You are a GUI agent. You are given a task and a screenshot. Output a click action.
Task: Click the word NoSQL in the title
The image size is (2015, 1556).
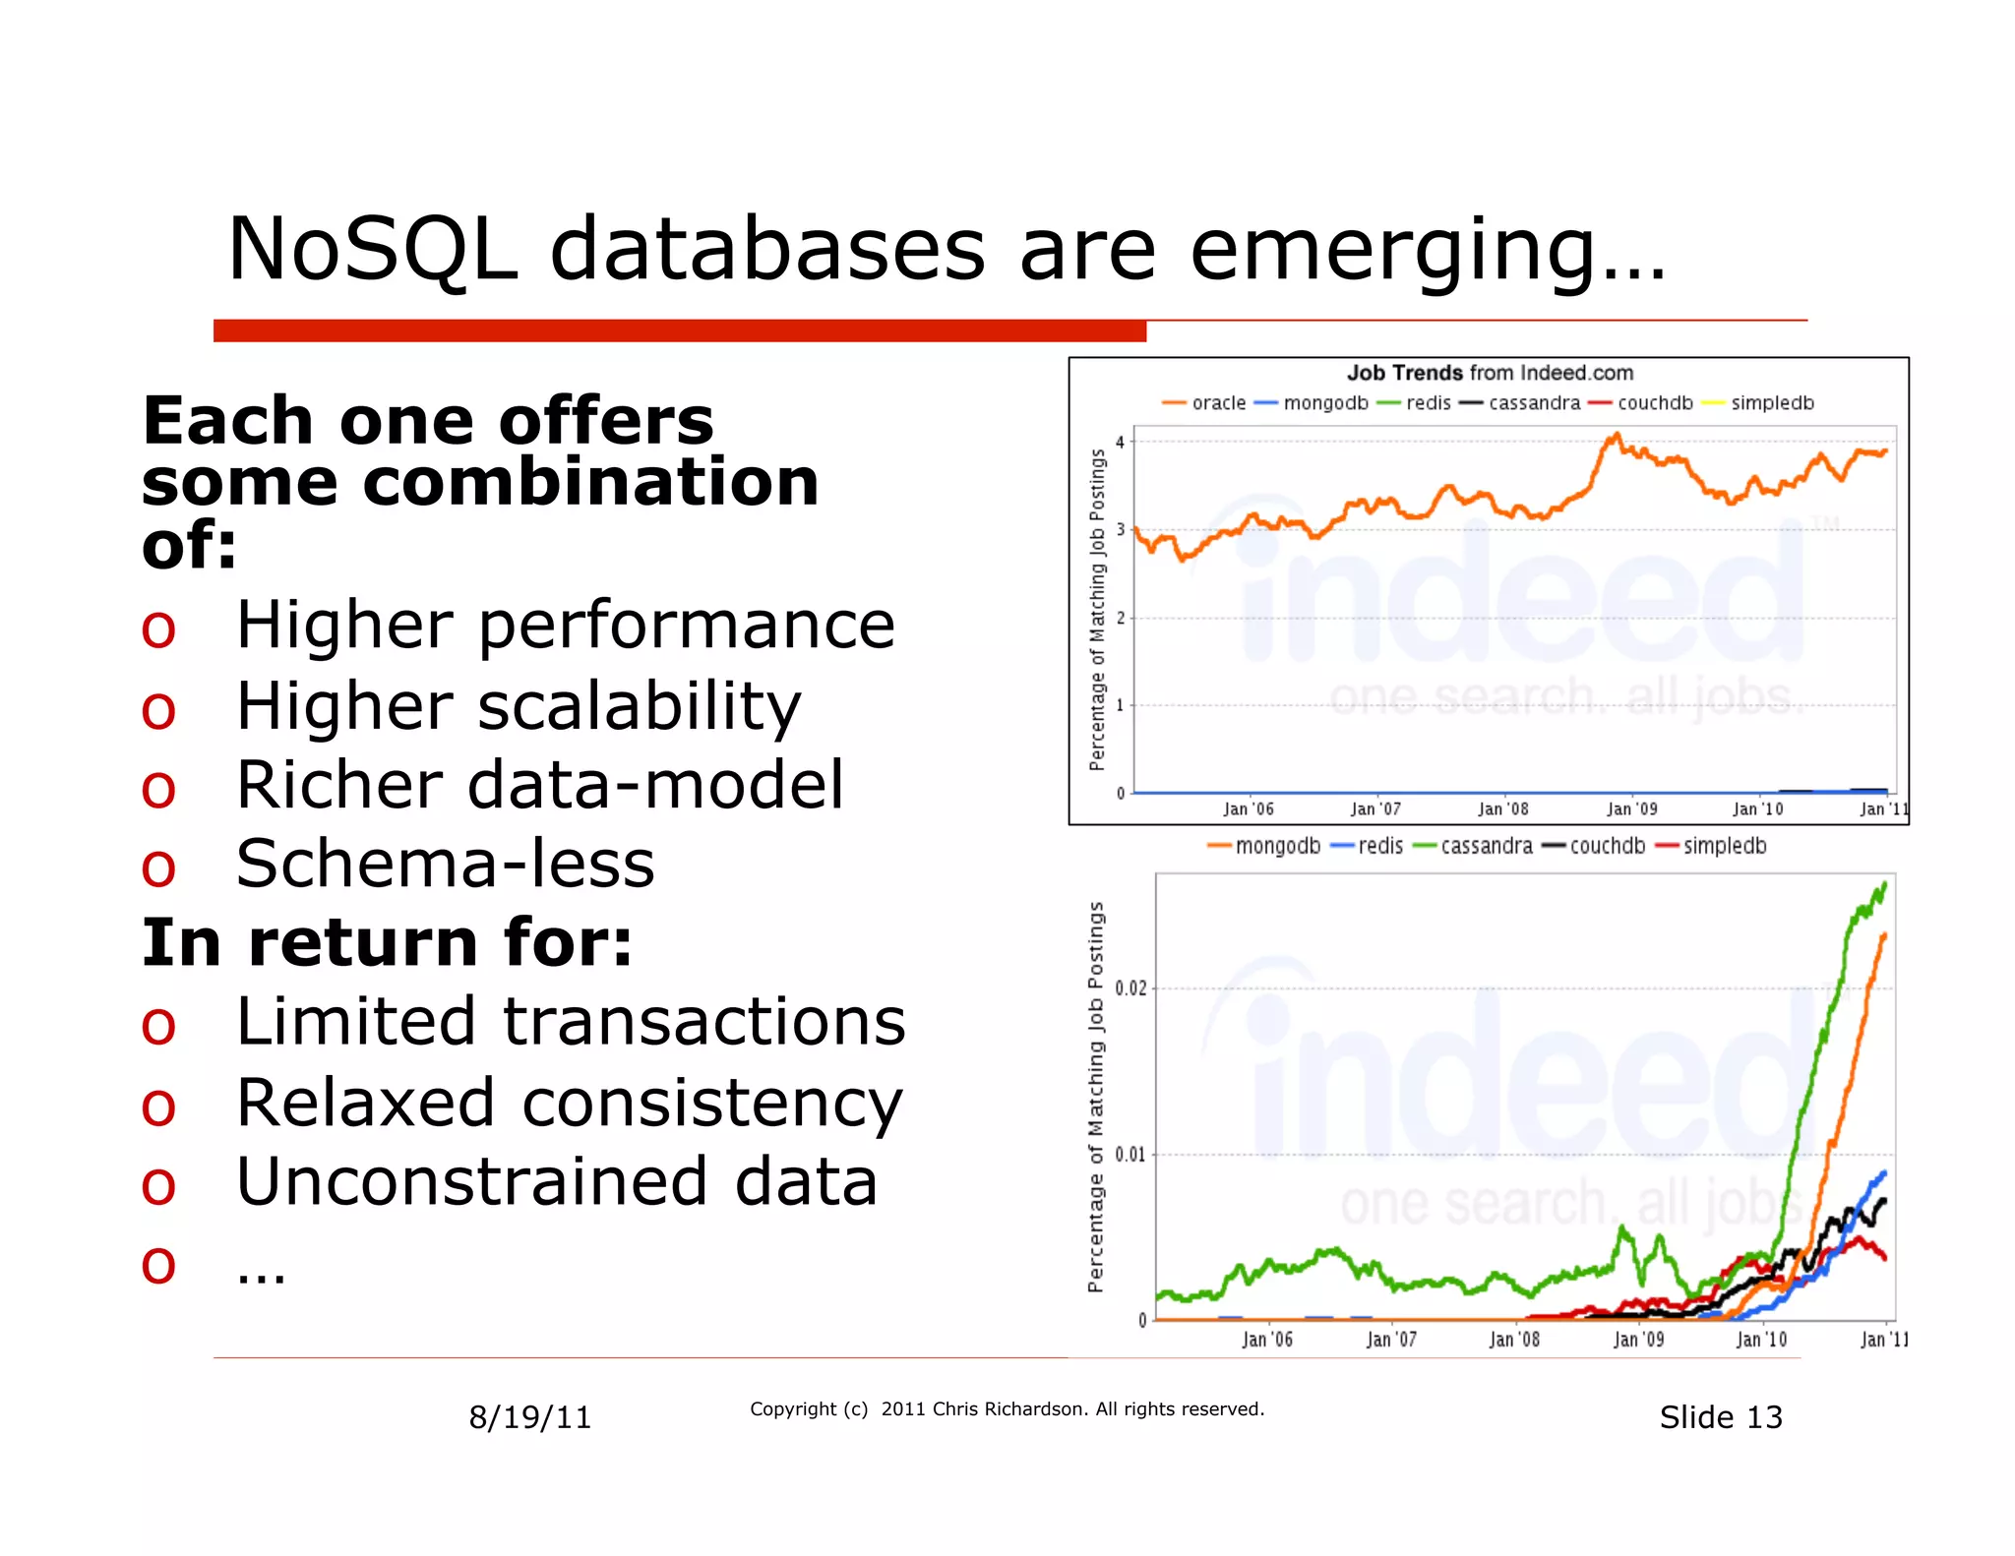(372, 250)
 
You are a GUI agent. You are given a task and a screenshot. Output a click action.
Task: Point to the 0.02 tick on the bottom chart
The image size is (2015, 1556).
(1130, 987)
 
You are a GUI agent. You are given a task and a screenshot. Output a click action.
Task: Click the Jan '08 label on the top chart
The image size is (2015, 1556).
(1502, 808)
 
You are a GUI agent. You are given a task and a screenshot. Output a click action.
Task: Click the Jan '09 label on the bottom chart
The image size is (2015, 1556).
(1638, 1339)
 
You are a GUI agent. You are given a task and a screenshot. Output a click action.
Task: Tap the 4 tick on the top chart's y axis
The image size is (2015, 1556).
(1120, 442)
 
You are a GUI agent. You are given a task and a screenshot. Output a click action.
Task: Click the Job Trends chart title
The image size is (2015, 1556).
(1490, 373)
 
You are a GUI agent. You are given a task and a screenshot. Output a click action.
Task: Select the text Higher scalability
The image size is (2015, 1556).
(519, 706)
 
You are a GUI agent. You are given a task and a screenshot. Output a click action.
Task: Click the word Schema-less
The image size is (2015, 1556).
(445, 864)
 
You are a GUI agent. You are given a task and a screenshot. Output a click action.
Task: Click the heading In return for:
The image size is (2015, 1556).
(387, 942)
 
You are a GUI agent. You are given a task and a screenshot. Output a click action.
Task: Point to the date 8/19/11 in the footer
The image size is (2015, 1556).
(529, 1417)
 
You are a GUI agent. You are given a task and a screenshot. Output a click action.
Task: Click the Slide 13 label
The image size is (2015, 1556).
(1720, 1417)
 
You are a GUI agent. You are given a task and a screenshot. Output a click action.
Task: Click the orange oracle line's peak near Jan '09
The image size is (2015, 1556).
(1615, 436)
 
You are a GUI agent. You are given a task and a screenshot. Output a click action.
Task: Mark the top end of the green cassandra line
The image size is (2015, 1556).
(1884, 884)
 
